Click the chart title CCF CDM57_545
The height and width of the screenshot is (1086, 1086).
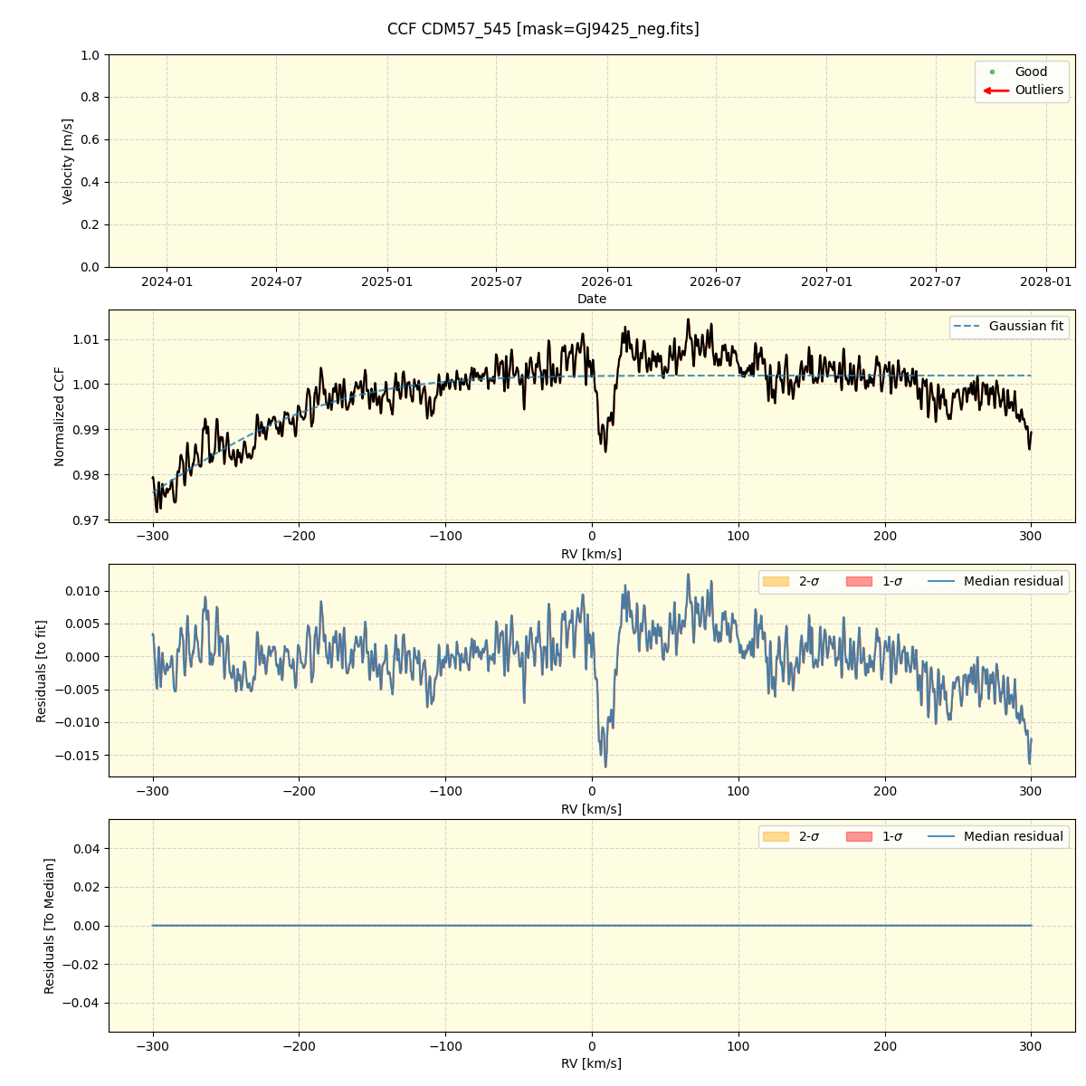[x=543, y=29]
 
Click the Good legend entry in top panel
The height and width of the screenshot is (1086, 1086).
[x=1030, y=71]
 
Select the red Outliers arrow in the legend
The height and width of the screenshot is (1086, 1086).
[x=996, y=90]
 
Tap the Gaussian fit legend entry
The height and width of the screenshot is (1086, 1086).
[x=1025, y=326]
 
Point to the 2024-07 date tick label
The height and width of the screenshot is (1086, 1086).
[x=277, y=281]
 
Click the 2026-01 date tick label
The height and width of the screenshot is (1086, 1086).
[x=606, y=281]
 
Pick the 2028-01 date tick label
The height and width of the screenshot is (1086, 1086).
[x=1046, y=281]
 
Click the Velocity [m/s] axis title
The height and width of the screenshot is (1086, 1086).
[x=68, y=161]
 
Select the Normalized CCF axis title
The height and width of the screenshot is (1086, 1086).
[x=60, y=416]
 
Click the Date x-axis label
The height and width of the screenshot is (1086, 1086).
[x=592, y=299]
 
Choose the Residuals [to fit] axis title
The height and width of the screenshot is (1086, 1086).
[x=42, y=671]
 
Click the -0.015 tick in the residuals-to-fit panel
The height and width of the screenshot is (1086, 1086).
[x=80, y=756]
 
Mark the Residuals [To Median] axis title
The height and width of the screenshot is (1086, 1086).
[x=50, y=926]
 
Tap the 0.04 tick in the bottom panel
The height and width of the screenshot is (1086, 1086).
[x=87, y=849]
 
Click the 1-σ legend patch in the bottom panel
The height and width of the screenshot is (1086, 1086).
[x=860, y=836]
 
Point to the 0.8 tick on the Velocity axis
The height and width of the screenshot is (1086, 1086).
[x=90, y=97]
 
